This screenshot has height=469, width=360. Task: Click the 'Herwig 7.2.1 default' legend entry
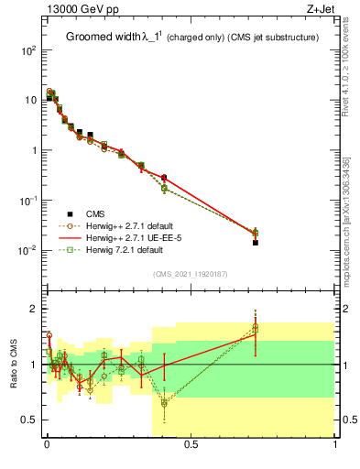(123, 248)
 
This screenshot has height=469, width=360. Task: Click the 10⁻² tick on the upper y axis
(27, 250)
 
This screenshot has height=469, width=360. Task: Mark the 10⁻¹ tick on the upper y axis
(27, 201)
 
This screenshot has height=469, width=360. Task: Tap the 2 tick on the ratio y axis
(33, 309)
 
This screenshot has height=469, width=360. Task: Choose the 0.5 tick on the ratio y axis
(29, 420)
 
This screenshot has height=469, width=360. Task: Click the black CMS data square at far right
(256, 243)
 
